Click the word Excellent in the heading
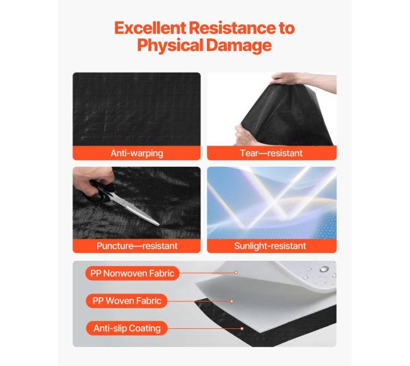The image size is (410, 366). [150, 28]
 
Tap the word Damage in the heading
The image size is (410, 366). [239, 45]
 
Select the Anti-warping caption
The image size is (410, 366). [137, 153]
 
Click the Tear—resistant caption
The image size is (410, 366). [271, 153]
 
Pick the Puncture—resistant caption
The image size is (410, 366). [137, 246]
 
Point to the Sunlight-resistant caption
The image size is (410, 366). [270, 246]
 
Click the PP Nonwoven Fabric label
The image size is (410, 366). [132, 273]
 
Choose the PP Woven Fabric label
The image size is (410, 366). [127, 300]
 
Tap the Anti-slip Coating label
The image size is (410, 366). [127, 328]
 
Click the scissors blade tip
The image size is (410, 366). [158, 225]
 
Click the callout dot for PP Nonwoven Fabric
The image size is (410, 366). [236, 272]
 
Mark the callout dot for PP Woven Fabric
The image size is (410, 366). [231, 301]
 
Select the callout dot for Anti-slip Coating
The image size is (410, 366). [242, 328]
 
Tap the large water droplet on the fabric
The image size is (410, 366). [324, 269]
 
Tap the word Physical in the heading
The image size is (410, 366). [170, 45]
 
